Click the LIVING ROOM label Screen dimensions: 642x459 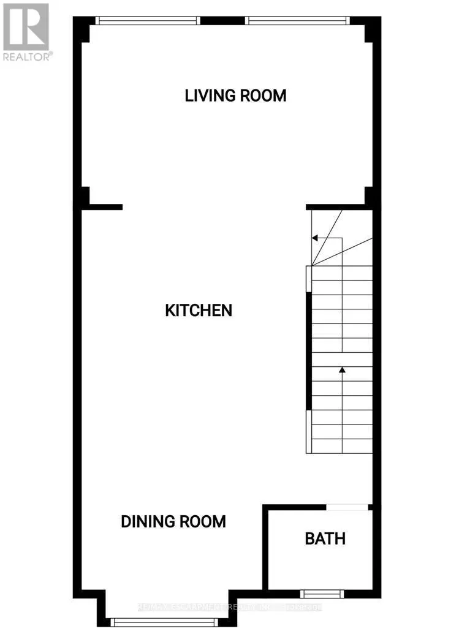pyautogui.click(x=236, y=96)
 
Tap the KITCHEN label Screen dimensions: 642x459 pyautogui.click(x=199, y=310)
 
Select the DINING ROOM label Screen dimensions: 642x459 pyautogui.click(x=173, y=521)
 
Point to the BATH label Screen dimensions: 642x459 pyautogui.click(x=325, y=538)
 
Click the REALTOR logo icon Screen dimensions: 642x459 pyautogui.click(x=26, y=27)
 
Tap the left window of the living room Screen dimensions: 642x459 pyautogui.click(x=148, y=20)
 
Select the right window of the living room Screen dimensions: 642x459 pyautogui.click(x=297, y=20)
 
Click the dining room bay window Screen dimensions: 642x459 pyautogui.click(x=164, y=622)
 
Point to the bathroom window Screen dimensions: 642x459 pyautogui.click(x=322, y=593)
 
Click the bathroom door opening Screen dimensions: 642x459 pyautogui.click(x=347, y=507)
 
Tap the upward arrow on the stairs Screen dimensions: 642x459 pyautogui.click(x=342, y=370)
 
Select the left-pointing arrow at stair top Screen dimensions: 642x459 pyautogui.click(x=314, y=238)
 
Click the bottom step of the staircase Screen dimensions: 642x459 pyautogui.click(x=342, y=446)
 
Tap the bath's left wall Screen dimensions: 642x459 pyautogui.click(x=265, y=548)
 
